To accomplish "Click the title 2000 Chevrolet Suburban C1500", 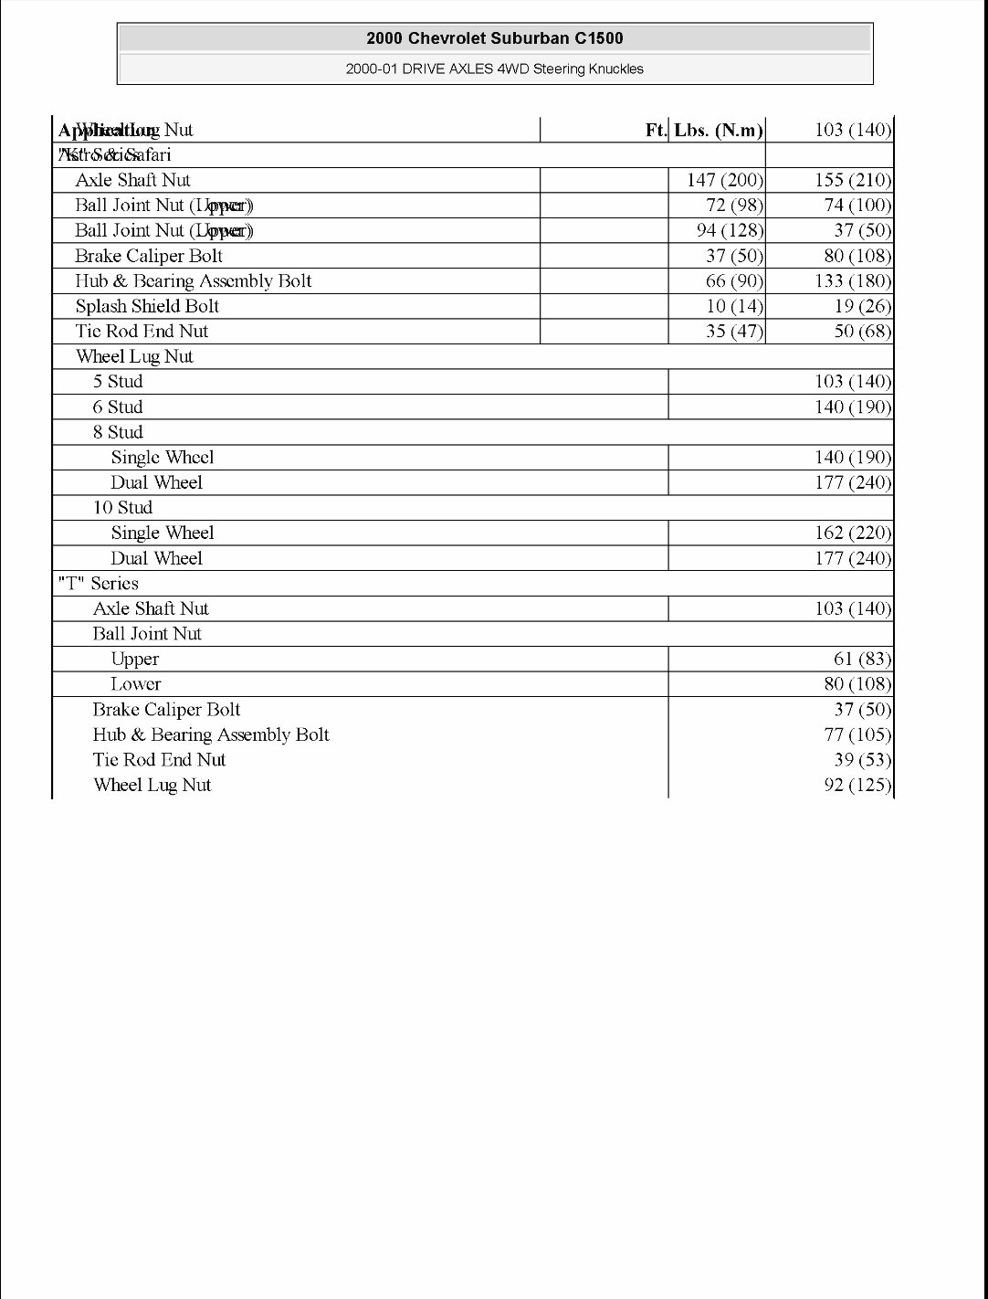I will [494, 38].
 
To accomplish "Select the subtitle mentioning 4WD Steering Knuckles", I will [494, 69].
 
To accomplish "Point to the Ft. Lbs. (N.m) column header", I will [704, 130].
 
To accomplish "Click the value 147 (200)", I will [724, 180].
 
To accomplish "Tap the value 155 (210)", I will [852, 180].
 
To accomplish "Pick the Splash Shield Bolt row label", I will [147, 306].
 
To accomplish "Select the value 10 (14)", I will [734, 306].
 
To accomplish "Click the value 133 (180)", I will [852, 281].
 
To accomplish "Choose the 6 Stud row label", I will [118, 407].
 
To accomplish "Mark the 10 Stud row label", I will [122, 508].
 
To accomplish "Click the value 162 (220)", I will [852, 533].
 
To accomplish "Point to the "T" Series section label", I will [98, 583].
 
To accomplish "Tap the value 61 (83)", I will [862, 659].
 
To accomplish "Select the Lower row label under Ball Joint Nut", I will [136, 684].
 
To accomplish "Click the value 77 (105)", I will [857, 734].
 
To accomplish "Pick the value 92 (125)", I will [857, 785].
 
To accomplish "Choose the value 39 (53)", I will [862, 760].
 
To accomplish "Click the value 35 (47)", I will [734, 331].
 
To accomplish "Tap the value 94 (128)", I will [730, 230].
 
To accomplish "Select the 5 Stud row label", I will [118, 382].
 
